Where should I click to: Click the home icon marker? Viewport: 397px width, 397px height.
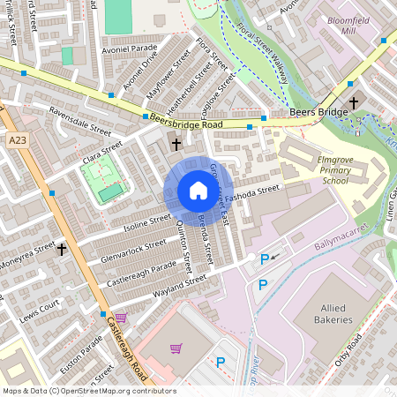click(198, 191)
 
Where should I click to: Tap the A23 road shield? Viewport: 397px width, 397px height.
click(17, 139)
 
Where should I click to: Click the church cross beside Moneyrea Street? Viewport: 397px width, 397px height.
click(61, 250)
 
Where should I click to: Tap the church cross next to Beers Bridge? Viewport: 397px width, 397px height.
click(354, 102)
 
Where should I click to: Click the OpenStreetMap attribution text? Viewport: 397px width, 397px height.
click(89, 390)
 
